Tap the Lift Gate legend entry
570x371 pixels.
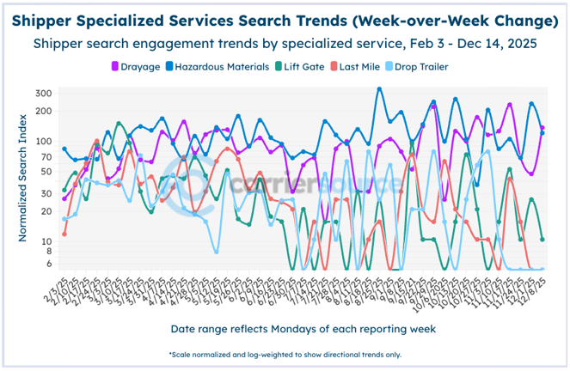point(298,66)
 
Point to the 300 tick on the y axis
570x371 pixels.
point(44,93)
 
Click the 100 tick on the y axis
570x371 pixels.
point(44,141)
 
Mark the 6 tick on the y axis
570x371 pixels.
point(49,264)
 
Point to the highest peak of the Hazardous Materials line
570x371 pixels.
point(379,88)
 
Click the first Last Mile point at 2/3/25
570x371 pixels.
point(64,234)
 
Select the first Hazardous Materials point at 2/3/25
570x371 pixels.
point(64,149)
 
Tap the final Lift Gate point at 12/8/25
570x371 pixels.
point(542,239)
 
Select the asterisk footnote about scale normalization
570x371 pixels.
point(285,354)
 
